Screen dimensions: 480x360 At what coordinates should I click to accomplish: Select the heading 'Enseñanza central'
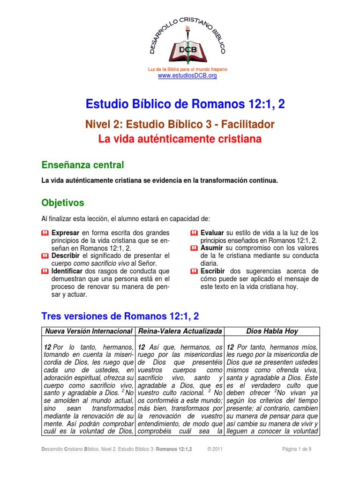coord(83,165)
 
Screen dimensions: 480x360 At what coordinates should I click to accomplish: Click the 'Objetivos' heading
coord(63,203)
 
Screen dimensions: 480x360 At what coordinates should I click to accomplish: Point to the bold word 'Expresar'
coord(66,232)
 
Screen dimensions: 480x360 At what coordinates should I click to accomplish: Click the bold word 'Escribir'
coord(213,271)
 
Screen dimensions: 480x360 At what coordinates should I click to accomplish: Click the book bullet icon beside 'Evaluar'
coord(194,233)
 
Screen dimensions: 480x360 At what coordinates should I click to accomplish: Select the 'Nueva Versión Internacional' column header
coord(89,331)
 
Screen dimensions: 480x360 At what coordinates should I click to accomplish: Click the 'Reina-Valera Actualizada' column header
coord(180,331)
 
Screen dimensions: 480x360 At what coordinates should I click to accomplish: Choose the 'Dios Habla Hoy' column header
coord(272,331)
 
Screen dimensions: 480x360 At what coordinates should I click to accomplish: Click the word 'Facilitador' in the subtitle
coord(247,125)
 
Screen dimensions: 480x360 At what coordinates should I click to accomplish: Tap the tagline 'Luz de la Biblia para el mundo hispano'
coord(187,69)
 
